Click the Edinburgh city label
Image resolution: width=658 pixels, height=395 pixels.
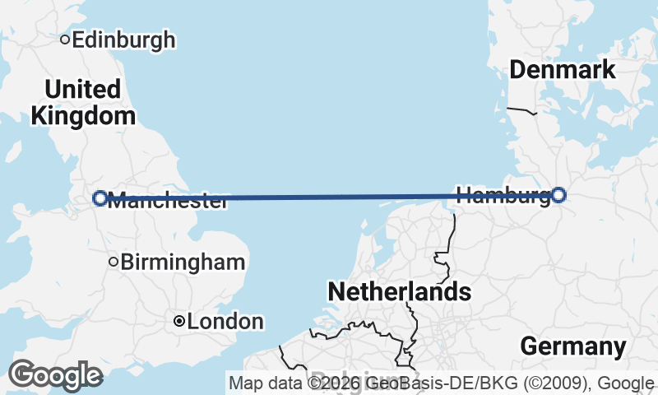[123, 39]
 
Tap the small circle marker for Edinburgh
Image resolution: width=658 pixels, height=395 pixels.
[65, 39]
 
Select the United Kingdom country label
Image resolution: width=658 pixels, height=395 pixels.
[82, 102]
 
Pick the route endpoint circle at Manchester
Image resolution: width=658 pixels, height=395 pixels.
[100, 197]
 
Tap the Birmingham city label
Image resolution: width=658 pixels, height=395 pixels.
[183, 263]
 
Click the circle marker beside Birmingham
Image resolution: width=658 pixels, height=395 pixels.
[114, 263]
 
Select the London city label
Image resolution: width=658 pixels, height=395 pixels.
[225, 322]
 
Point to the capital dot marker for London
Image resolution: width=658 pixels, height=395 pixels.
[178, 322]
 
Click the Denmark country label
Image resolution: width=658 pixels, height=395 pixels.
[563, 70]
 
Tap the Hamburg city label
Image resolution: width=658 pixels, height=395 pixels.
[502, 196]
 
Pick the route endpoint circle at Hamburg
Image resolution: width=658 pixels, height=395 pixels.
[558, 195]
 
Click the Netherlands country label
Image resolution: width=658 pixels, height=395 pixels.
[399, 291]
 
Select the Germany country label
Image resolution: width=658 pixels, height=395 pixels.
[573, 346]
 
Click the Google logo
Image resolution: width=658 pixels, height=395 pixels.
[55, 375]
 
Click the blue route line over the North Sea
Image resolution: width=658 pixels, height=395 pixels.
[329, 197]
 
